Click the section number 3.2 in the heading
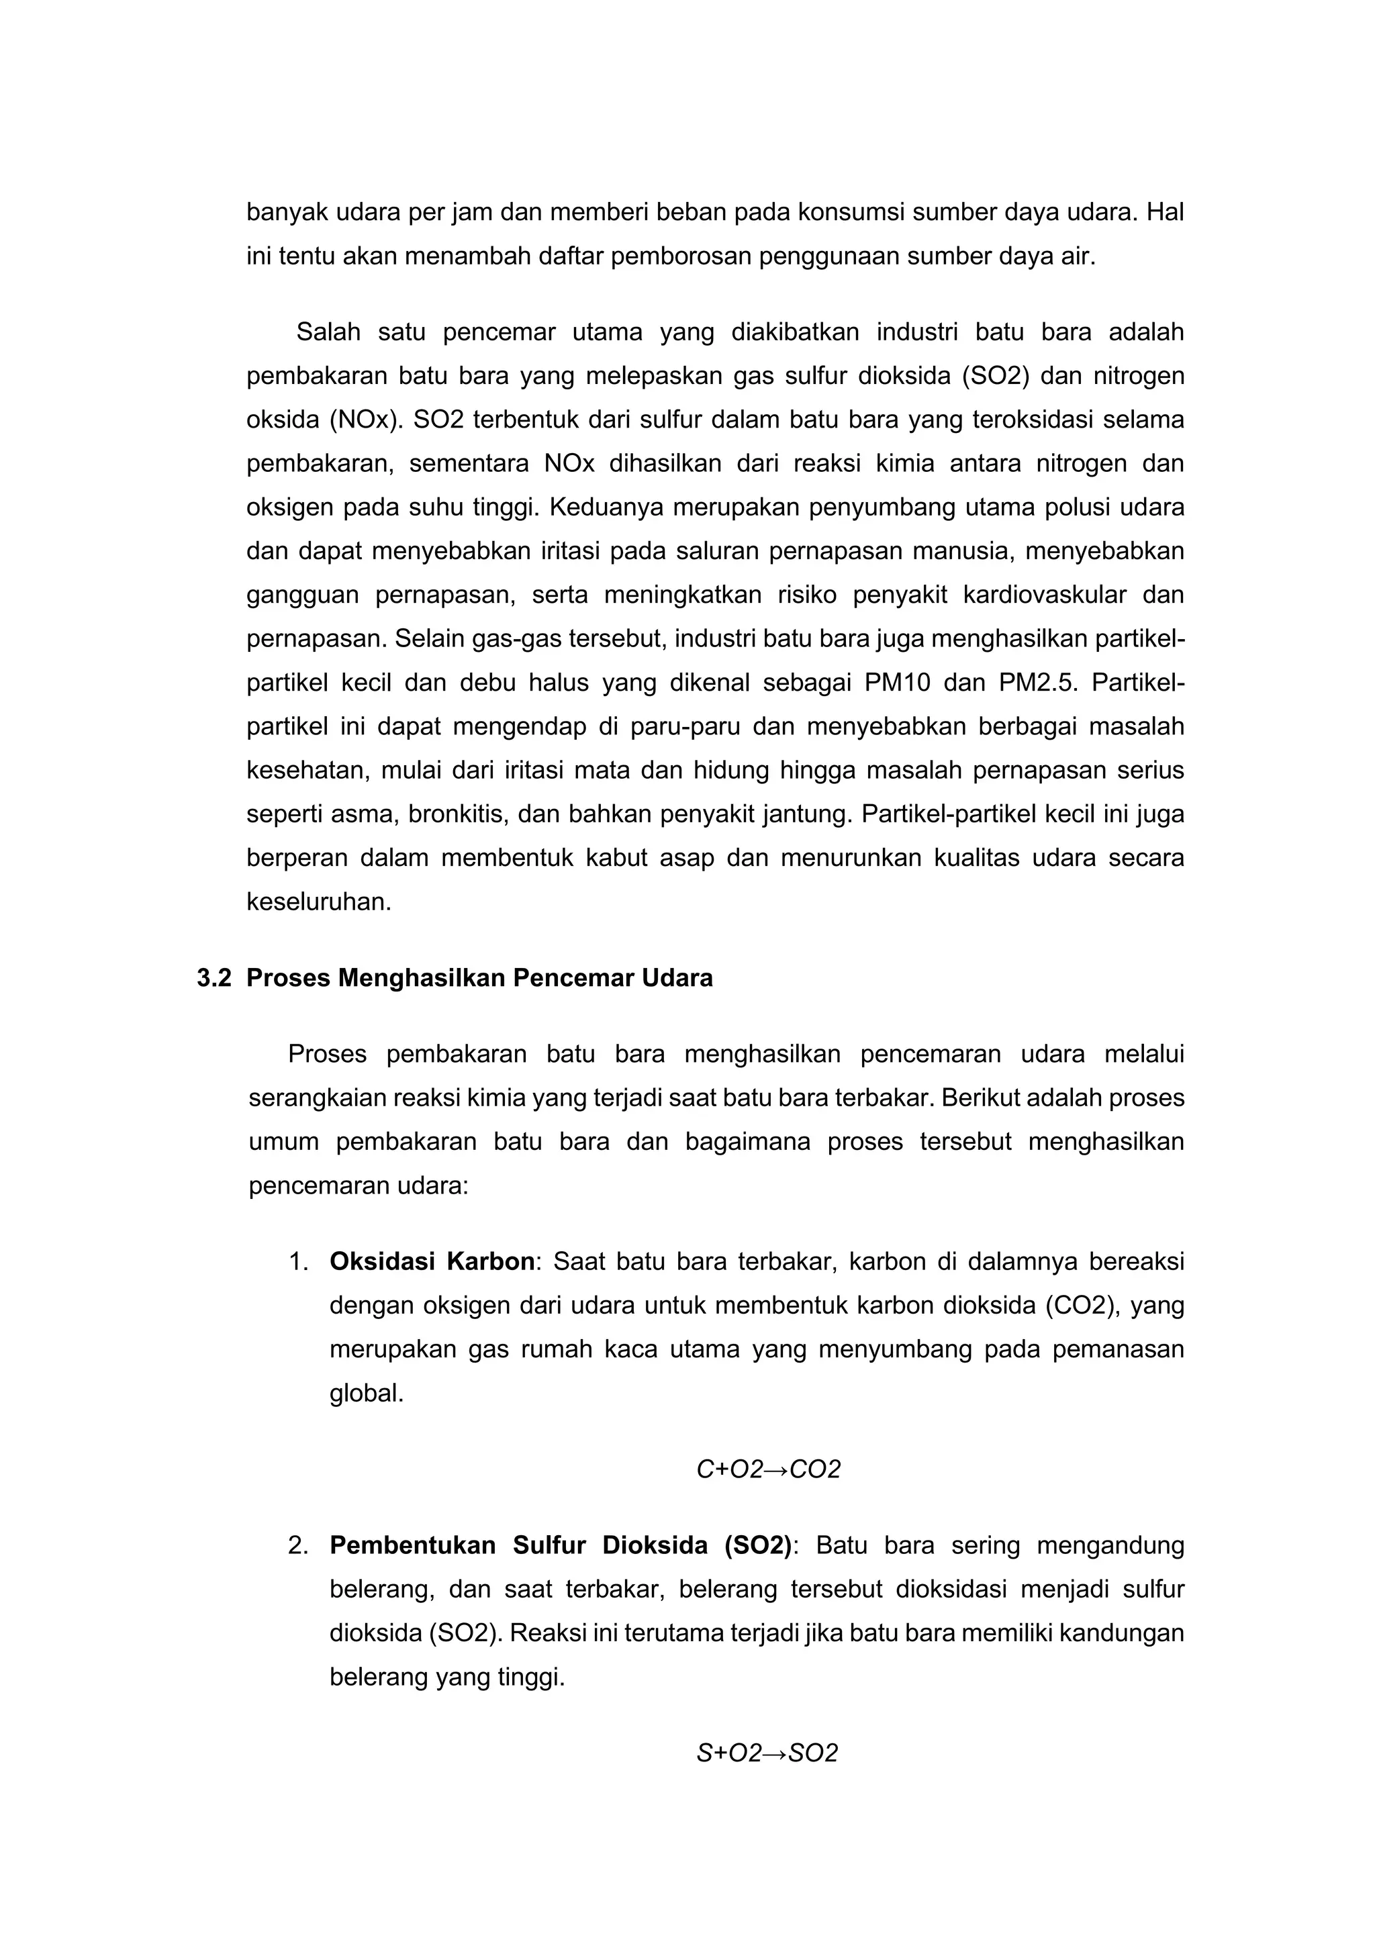point(214,978)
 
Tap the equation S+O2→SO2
point(766,1753)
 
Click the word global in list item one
point(366,1393)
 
